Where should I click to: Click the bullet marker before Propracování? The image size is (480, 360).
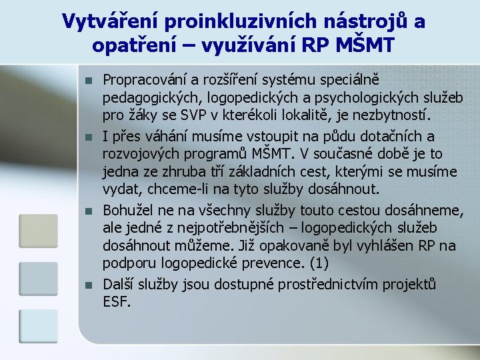88,81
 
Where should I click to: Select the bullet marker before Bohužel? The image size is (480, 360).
88,211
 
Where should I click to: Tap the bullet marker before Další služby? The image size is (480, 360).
88,285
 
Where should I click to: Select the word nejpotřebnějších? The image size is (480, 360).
231,228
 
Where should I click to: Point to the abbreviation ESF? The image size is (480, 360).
117,301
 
